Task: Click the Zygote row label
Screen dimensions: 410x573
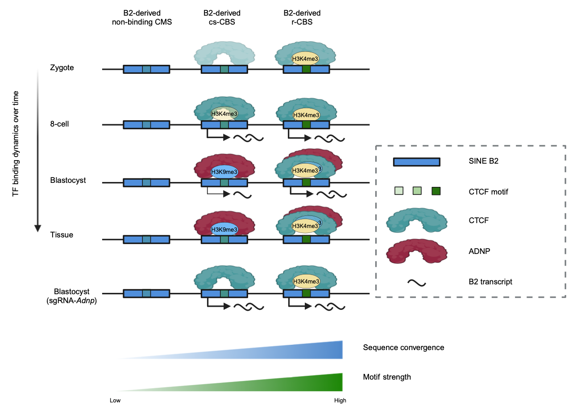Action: coord(62,68)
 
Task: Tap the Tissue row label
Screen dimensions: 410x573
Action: coord(62,235)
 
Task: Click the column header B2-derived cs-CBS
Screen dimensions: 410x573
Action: coord(222,18)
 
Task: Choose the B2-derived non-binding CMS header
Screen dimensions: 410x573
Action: coord(142,18)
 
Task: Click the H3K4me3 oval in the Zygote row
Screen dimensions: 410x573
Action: coord(306,59)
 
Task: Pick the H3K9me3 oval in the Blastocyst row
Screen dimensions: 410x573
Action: coord(224,172)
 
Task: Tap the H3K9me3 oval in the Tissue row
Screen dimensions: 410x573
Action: coord(224,229)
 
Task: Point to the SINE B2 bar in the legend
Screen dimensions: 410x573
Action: coord(416,161)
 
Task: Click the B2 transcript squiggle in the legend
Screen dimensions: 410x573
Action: coord(417,283)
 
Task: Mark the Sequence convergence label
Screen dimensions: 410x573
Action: coord(403,347)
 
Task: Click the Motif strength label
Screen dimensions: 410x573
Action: coord(387,377)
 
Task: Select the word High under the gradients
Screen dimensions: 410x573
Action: coord(340,401)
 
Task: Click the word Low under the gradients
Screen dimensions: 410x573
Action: coord(115,401)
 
